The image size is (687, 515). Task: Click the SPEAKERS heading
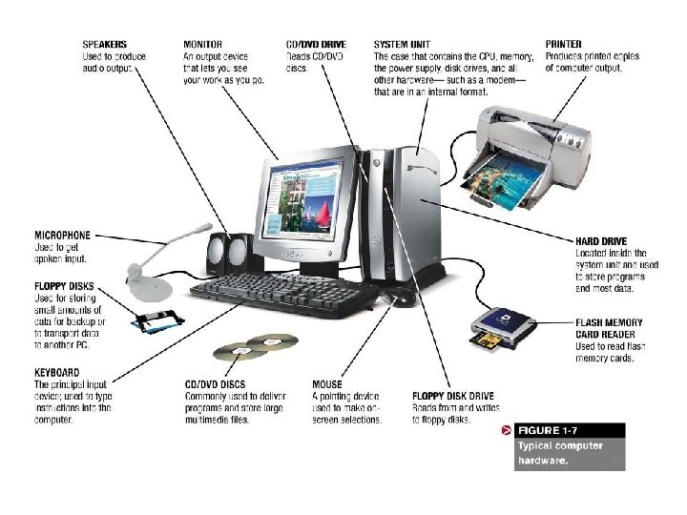click(105, 44)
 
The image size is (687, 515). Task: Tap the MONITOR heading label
click(204, 44)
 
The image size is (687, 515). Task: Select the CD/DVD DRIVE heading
click(315, 44)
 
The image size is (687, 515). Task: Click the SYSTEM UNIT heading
click(403, 44)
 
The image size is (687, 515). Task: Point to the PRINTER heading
click(564, 44)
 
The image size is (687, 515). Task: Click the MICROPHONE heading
click(62, 235)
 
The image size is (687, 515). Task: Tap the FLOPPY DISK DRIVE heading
click(452, 395)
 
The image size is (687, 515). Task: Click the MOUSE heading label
click(327, 384)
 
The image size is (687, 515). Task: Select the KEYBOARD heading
click(57, 373)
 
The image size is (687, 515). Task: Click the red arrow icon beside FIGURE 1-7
click(507, 431)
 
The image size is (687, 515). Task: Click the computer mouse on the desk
click(401, 299)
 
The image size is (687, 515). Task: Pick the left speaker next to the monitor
click(216, 256)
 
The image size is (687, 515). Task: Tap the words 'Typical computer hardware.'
click(559, 452)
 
